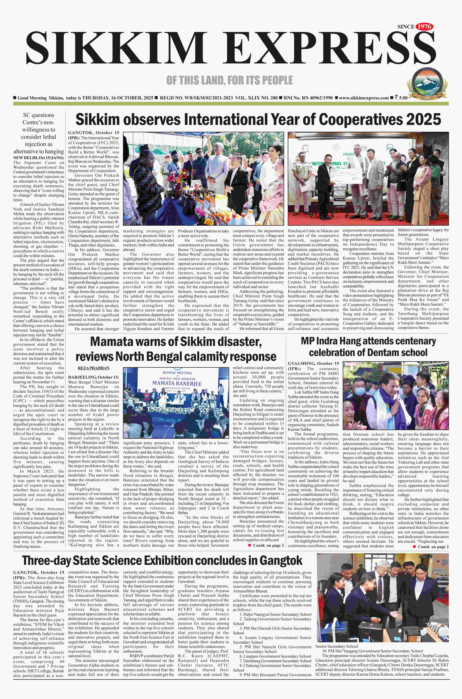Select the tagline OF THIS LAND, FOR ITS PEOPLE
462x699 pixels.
(x=230, y=80)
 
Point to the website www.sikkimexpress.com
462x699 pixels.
(x=364, y=98)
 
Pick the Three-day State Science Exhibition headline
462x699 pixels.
(x=162, y=560)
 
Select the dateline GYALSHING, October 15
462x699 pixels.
(x=313, y=363)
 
